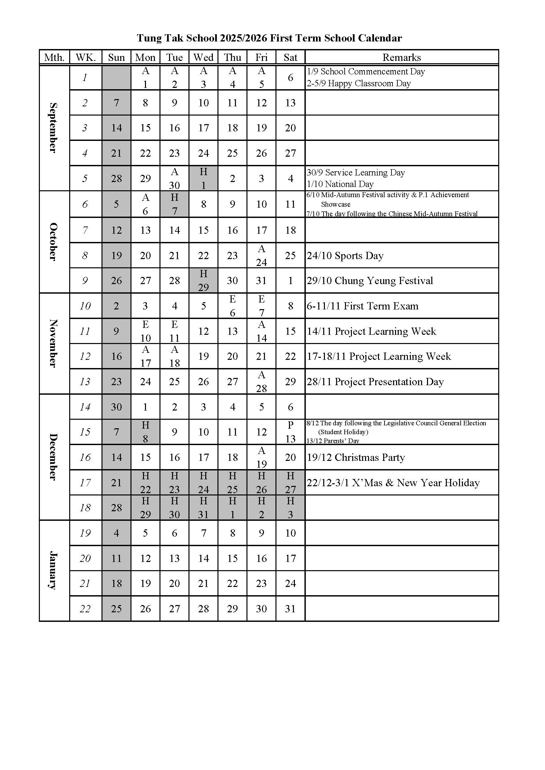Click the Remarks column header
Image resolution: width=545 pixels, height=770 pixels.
tap(401, 57)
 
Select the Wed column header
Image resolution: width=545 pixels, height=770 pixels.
tap(203, 57)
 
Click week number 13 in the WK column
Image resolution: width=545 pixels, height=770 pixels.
tap(85, 382)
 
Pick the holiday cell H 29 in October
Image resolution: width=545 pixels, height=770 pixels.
tap(203, 280)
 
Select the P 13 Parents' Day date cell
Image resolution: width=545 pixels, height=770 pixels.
tap(290, 432)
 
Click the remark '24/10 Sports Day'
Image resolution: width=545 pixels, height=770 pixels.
tap(345, 256)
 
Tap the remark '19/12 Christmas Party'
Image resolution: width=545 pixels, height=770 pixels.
tap(356, 458)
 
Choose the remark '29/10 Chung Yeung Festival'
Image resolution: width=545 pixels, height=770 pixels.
tap(370, 281)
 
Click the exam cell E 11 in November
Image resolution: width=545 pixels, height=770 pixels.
tap(175, 331)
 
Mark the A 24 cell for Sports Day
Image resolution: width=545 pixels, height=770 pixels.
tap(261, 255)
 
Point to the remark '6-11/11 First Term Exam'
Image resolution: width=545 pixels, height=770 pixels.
tap(362, 306)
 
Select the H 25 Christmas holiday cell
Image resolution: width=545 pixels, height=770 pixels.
tap(232, 483)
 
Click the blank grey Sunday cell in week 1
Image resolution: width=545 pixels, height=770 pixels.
tap(116, 77)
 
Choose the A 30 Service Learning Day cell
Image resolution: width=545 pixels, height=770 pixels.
tap(175, 178)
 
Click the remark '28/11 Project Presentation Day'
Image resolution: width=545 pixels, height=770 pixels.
tap(375, 382)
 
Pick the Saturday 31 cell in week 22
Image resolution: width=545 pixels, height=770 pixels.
tap(290, 609)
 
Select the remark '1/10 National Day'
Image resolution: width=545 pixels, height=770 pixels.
tap(340, 184)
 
